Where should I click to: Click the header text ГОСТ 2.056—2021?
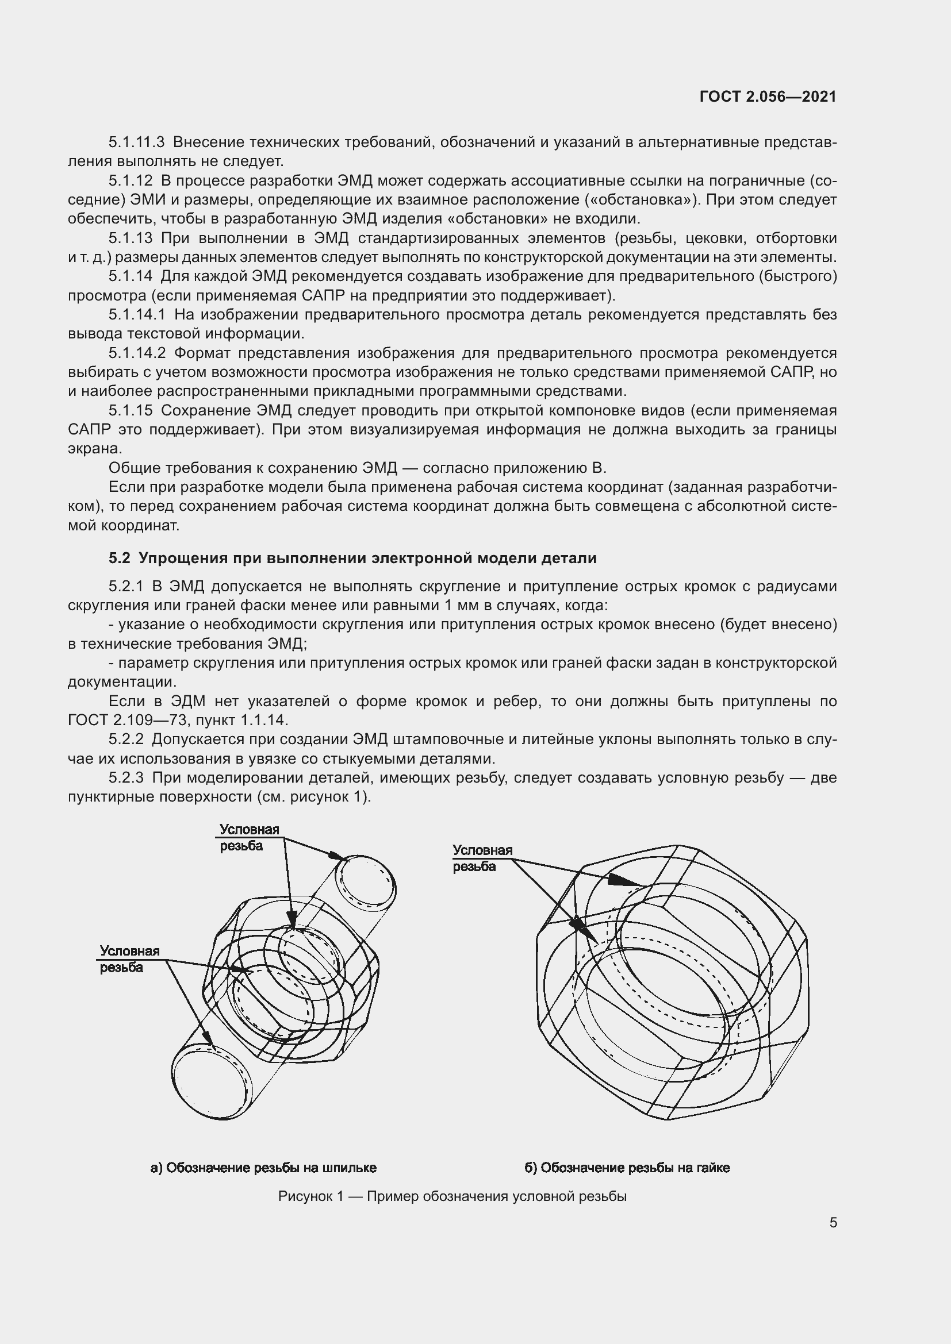pyautogui.click(x=768, y=97)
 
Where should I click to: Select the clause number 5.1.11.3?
pyautogui.click(x=136, y=143)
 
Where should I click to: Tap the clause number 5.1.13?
pyautogui.click(x=131, y=238)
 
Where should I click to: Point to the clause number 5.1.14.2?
pyautogui.click(x=137, y=353)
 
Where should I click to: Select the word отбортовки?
pyautogui.click(x=796, y=238)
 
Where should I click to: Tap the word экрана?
pyautogui.click(x=95, y=449)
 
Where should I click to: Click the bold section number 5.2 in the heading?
pyautogui.click(x=120, y=558)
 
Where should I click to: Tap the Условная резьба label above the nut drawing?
pyautogui.click(x=482, y=858)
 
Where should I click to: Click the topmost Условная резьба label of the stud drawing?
pyautogui.click(x=249, y=838)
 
